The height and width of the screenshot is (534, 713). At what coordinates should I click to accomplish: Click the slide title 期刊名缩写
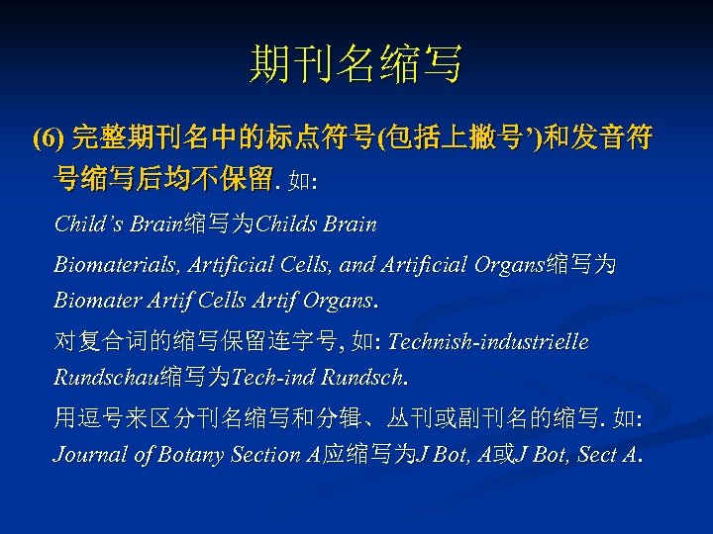tap(356, 65)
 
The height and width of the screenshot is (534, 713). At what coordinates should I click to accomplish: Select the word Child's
tap(86, 223)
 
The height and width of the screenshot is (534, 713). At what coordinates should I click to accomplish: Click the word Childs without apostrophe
tap(286, 223)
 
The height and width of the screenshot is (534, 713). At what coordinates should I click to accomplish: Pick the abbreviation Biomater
tap(97, 299)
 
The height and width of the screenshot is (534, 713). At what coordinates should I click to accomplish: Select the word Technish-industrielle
tap(488, 342)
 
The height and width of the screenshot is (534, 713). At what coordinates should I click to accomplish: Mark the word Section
tap(266, 455)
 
